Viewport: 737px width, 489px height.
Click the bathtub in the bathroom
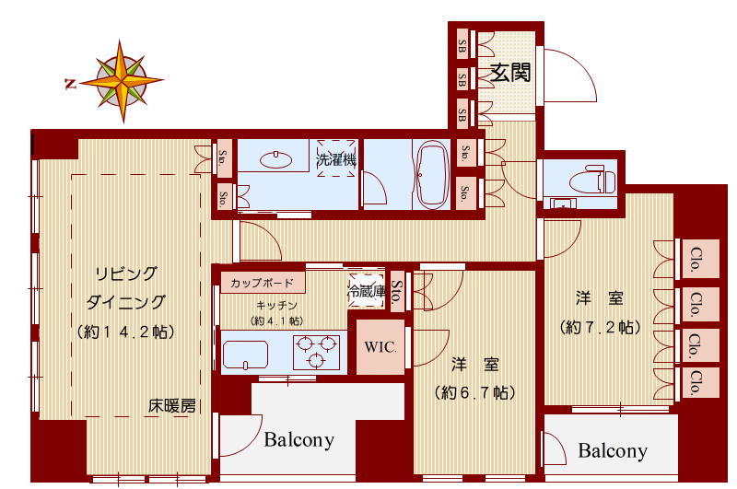coord(433,175)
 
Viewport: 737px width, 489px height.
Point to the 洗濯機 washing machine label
coord(336,158)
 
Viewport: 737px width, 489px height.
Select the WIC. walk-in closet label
coord(380,347)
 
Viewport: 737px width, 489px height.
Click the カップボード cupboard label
coord(263,283)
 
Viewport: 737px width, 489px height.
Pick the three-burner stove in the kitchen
coord(316,352)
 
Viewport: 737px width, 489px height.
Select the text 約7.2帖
coord(599,327)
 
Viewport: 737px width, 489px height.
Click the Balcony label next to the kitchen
coord(298,440)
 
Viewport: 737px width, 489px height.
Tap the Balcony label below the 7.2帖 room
coord(613,451)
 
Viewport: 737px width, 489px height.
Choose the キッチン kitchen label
coord(275,305)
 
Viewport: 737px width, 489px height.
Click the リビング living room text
coord(127,274)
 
